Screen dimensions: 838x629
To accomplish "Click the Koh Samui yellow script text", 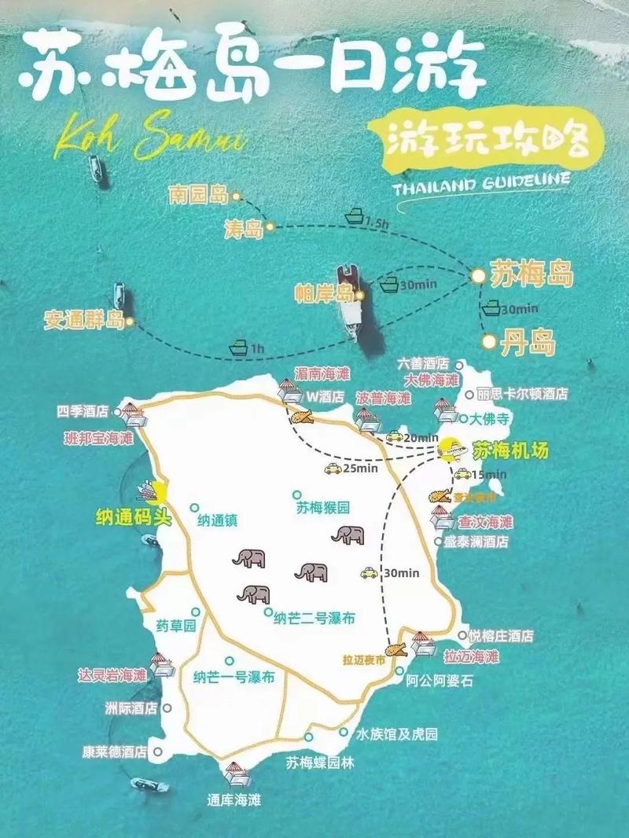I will [x=149, y=141].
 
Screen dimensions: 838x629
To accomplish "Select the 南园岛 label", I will [x=197, y=196].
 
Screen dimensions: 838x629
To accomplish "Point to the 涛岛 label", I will [x=242, y=229].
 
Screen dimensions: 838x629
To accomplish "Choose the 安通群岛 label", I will [x=84, y=321].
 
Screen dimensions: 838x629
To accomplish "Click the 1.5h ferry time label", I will [x=377, y=224].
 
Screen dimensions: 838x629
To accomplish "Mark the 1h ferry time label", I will [x=257, y=347].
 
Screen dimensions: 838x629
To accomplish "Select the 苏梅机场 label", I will [x=510, y=451].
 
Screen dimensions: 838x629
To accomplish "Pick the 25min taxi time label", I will [x=361, y=469].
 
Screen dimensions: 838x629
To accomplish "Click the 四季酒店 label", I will [x=82, y=411].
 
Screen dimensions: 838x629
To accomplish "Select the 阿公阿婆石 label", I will [x=440, y=681].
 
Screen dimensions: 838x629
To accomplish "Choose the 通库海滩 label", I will [x=234, y=801].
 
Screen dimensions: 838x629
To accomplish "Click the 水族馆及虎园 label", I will [x=396, y=734].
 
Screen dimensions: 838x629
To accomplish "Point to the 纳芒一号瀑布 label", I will [x=234, y=677].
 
